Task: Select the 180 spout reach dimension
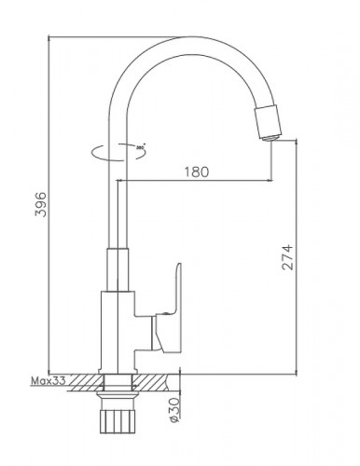pyautogui.click(x=197, y=171)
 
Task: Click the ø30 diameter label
pyautogui.click(x=175, y=405)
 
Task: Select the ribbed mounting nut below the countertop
pyautogui.click(x=118, y=418)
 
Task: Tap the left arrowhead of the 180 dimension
pyautogui.click(x=122, y=181)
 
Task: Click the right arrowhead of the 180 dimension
pyautogui.click(x=270, y=181)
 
